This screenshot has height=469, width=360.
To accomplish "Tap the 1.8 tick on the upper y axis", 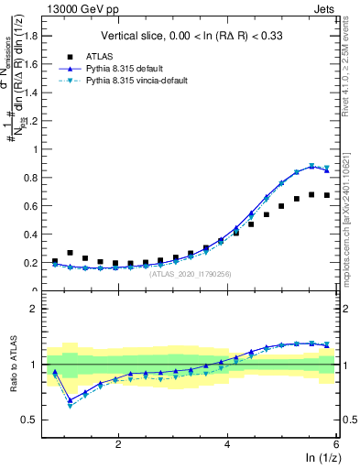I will (35, 37).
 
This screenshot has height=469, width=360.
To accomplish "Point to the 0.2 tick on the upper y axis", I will (35, 263).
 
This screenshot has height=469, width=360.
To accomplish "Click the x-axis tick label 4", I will (227, 443).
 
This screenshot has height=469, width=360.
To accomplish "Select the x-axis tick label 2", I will (118, 443).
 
